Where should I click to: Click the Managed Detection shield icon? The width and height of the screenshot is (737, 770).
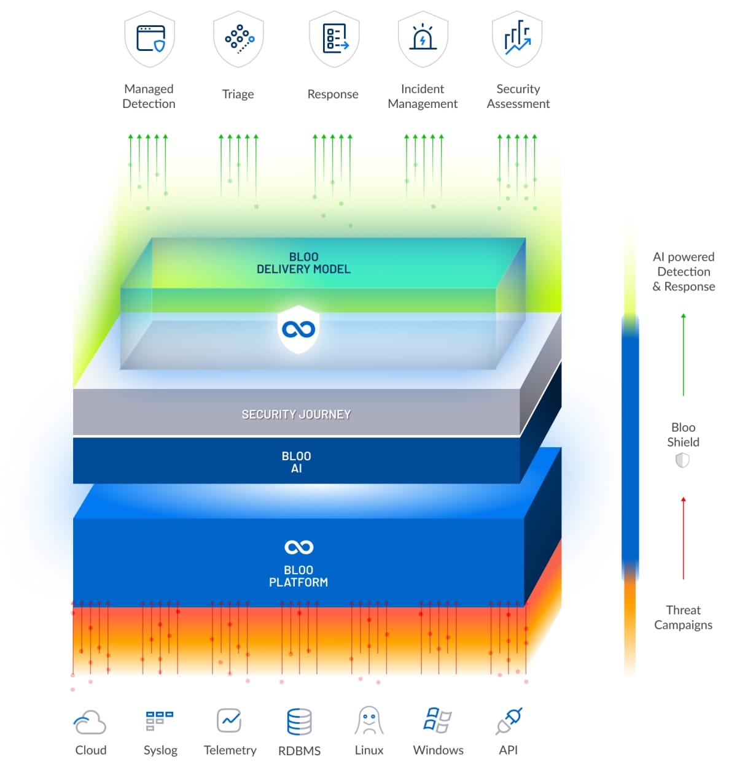[150, 39]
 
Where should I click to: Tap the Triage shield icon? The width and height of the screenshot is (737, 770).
[238, 39]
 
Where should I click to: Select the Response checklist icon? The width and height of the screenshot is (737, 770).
[333, 39]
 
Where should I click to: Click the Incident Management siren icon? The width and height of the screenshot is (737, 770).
[423, 39]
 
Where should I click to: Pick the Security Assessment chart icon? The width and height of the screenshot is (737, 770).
[517, 39]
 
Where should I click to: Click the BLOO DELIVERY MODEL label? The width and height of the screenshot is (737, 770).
[303, 263]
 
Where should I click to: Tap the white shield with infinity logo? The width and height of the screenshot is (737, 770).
[298, 329]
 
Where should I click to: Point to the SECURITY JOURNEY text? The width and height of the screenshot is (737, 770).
[296, 415]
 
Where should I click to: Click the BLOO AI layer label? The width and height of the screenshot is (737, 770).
[296, 462]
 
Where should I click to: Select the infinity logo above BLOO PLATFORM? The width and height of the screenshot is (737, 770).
[299, 547]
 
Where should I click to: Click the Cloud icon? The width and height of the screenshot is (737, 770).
[90, 722]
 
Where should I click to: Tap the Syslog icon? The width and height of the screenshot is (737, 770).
[160, 721]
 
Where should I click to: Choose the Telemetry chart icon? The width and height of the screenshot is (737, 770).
[229, 720]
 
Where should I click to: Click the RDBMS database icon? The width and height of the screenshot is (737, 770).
[299, 722]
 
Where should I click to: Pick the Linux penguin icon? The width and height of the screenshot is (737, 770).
[369, 721]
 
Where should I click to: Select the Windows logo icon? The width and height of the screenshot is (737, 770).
[438, 720]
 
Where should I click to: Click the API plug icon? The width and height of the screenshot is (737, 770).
[509, 721]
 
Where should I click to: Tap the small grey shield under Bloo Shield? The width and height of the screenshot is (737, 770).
[682, 460]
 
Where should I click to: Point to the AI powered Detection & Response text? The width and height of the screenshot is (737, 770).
[683, 272]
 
